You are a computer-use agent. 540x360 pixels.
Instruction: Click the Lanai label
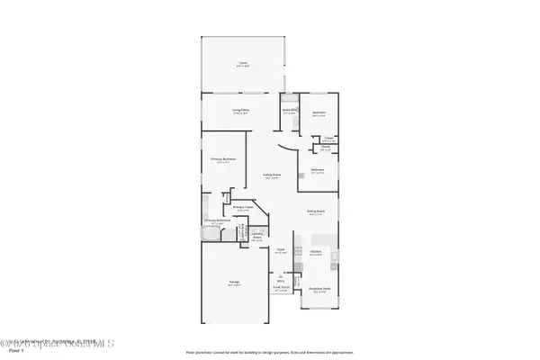coord(242,64)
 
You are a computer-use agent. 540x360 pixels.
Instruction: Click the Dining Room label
coord(316,212)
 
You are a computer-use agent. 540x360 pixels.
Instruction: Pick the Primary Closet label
coord(240,208)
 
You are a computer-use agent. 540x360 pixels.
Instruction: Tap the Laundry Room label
coord(256,239)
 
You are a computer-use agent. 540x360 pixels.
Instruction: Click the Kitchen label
coord(317,253)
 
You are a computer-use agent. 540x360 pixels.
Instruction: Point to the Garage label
coord(233,284)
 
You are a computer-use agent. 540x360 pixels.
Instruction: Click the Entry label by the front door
coord(281,282)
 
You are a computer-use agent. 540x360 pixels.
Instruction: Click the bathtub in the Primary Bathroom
coord(211,236)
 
